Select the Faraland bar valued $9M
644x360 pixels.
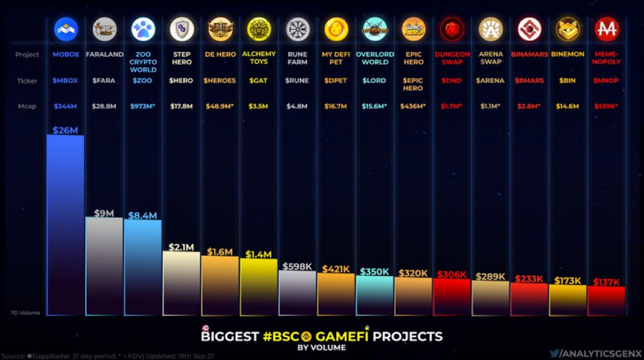pyautogui.click(x=103, y=265)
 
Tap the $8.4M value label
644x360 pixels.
pyautogui.click(x=142, y=214)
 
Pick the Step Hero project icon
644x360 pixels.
pyautogui.click(x=181, y=29)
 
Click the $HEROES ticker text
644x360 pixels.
pyautogui.click(x=219, y=80)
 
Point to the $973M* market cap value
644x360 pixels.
pyautogui.click(x=142, y=106)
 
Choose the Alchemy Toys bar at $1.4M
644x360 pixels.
pyautogui.click(x=258, y=288)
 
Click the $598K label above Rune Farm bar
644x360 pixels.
pyautogui.click(x=297, y=265)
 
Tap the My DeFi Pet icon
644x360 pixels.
pyautogui.click(x=336, y=29)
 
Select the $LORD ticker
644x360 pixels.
pyautogui.click(x=374, y=80)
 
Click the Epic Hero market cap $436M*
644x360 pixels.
pyautogui.click(x=413, y=106)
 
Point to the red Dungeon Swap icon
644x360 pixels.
pyautogui.click(x=452, y=29)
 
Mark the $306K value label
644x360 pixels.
pyautogui.click(x=451, y=274)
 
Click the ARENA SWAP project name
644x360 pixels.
pyautogui.click(x=490, y=57)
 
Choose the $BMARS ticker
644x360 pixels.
pyautogui.click(x=529, y=80)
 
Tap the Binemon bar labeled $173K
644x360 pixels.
pyautogui.click(x=567, y=301)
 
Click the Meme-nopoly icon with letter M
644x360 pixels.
pyautogui.click(x=606, y=29)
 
